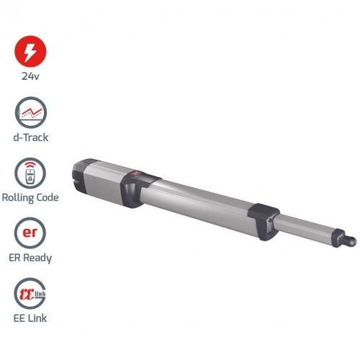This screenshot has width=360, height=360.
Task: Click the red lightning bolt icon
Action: tap(30, 51)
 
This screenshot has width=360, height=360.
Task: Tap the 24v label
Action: tap(30, 76)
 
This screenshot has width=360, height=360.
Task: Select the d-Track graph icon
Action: tap(31, 112)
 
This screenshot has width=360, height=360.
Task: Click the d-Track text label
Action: tap(31, 138)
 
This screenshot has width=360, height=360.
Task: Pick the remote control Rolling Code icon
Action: tap(30, 173)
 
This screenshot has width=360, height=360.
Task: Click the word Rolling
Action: tap(18, 198)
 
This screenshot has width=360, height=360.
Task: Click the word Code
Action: tap(48, 197)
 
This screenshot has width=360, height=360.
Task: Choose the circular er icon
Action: tap(30, 233)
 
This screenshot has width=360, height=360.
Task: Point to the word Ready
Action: tap(37, 258)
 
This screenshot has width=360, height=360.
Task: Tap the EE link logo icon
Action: tap(30, 293)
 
